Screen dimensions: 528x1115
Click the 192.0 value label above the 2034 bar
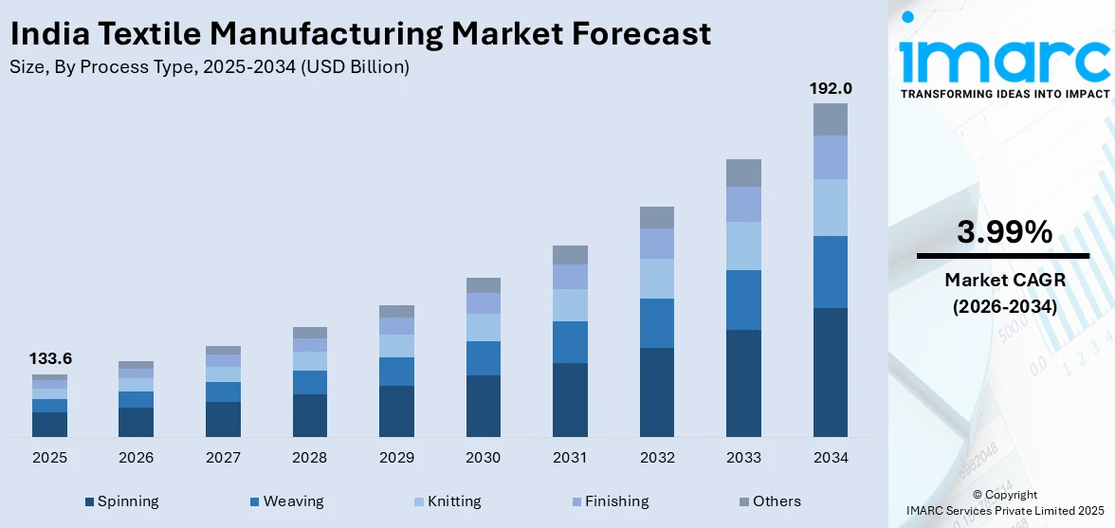[831, 88]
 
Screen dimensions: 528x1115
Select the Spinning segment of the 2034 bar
[831, 372]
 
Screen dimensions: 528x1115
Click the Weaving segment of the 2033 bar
[743, 300]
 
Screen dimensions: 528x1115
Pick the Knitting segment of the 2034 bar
[831, 207]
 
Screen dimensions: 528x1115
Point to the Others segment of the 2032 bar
[656, 217]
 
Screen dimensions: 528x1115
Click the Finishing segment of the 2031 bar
[570, 276]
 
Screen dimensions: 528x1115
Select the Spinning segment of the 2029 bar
[396, 410]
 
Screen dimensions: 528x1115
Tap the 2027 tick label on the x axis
[223, 458]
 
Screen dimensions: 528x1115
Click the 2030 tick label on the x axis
[483, 458]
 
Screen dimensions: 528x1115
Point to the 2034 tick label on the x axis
[831, 458]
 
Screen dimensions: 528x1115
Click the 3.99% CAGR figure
[1003, 231]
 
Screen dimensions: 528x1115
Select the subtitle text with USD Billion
[210, 66]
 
